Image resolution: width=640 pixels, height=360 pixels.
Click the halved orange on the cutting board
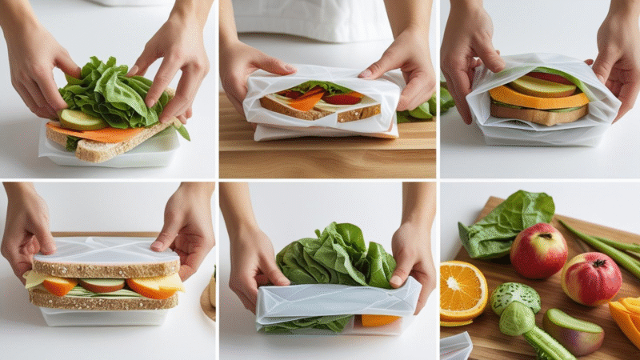coord(462,290)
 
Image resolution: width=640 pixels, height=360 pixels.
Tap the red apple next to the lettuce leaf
coord(538,250)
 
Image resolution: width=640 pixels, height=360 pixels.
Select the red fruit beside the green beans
coord(591,278)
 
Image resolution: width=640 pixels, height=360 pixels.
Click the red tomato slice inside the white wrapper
coord(342,98)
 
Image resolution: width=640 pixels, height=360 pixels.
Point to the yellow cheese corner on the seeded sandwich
coord(170,282)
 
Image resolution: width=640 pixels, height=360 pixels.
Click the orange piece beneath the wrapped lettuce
coord(379,320)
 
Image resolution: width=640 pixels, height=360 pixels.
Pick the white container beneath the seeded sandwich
coord(104,317)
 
